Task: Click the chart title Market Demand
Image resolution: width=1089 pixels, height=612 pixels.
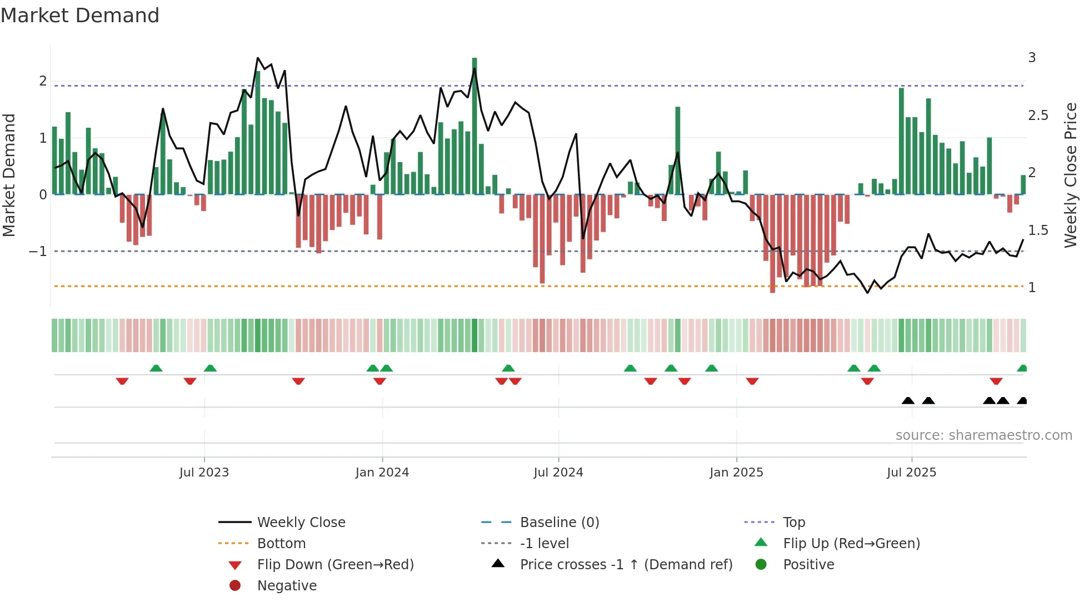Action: pos(80,16)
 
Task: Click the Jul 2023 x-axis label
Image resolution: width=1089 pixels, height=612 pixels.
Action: pos(204,473)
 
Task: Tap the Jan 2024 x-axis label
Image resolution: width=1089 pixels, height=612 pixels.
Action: pos(382,473)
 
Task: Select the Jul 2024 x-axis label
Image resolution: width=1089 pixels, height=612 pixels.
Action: pos(558,473)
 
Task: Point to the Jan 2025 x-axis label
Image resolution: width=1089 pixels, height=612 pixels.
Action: pos(736,473)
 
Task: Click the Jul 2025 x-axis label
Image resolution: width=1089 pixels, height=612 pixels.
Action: pos(911,473)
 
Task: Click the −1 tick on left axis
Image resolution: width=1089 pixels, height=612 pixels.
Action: pos(38,252)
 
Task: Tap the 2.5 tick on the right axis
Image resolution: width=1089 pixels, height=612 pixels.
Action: pos(1038,116)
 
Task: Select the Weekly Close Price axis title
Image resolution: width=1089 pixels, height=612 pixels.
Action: pos(1070,175)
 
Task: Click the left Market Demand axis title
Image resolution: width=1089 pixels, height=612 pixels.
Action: pos(9,175)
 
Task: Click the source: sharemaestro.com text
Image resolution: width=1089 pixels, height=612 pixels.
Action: pos(983,435)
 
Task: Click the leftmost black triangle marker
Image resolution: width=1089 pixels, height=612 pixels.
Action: pos(908,400)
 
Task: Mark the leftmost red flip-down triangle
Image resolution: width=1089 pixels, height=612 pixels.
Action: pos(122,381)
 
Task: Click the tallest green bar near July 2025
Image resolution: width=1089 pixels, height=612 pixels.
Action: pos(901,141)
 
